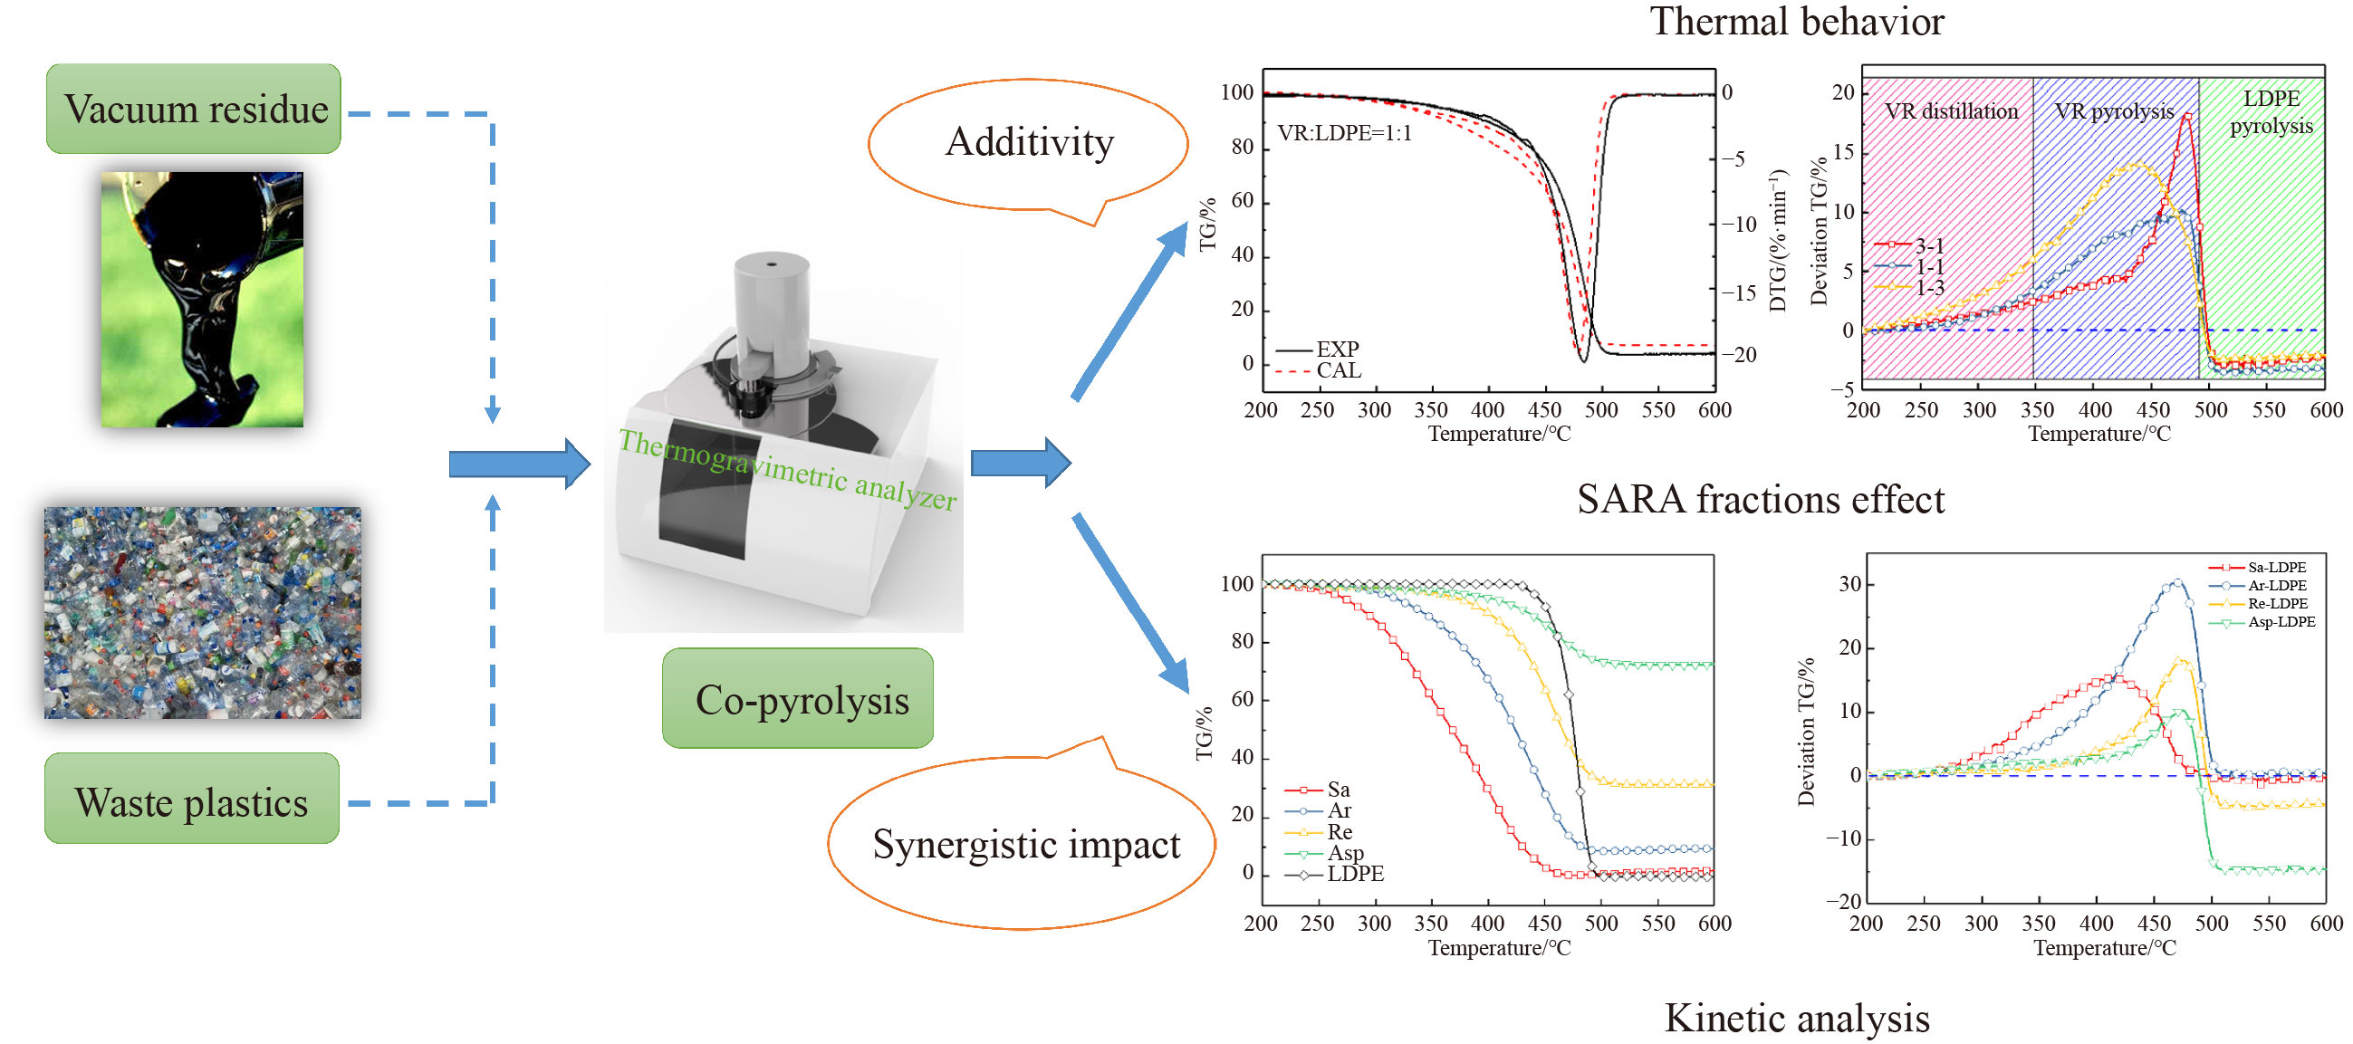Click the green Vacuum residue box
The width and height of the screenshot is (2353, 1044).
pos(194,109)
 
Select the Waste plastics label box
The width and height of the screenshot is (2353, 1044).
pos(192,801)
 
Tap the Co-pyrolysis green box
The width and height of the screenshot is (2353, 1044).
pos(798,700)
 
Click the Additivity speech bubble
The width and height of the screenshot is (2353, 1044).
pos(1029,143)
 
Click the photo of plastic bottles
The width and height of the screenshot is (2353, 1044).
pos(203,613)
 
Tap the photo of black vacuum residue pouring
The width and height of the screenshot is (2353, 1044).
pos(202,299)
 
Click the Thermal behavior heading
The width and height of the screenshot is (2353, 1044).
pos(1796,22)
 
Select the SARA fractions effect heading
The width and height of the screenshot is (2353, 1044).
pos(1760,500)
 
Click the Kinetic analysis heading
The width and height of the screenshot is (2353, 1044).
pos(1796,1018)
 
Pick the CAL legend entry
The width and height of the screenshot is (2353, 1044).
pos(1338,371)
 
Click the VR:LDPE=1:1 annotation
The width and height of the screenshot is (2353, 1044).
pos(1344,133)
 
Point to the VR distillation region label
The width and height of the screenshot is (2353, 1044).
pos(1951,111)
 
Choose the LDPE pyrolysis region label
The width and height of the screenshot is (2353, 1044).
pos(2271,111)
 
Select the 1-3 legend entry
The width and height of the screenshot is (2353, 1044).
pos(1929,289)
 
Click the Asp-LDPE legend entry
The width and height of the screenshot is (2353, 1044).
pos(2281,622)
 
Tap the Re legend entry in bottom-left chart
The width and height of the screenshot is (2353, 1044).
pos(1340,832)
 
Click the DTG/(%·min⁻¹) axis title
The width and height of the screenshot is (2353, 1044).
pos(1777,239)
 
